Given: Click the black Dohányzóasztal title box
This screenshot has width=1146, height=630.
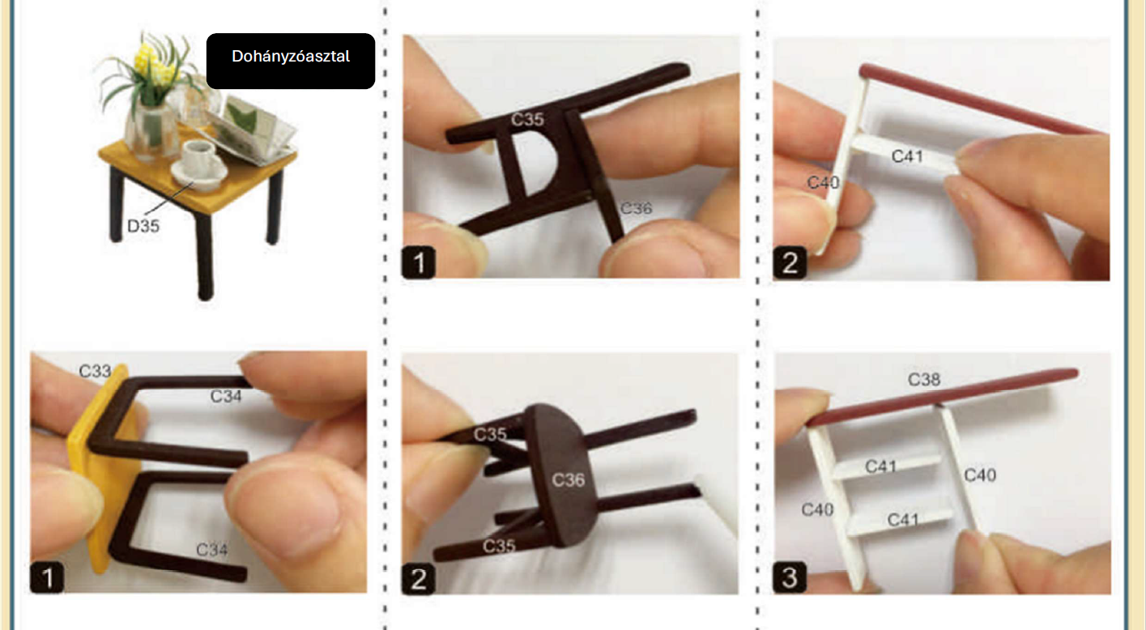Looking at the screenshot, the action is pos(291,61).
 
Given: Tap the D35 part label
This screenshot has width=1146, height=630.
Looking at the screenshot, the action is pos(143,226).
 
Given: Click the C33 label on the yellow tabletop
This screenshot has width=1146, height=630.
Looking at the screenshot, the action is pos(95,371).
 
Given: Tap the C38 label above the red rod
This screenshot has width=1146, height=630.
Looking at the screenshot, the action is pos(924,380).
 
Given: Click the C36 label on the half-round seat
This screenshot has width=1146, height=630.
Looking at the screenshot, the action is pos(568,479).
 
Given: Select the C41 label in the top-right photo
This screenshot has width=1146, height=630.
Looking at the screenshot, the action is pos(907,156).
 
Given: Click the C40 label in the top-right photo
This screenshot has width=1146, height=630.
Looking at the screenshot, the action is pos(823,182).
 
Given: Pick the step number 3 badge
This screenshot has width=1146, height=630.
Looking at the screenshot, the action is pos(790,577).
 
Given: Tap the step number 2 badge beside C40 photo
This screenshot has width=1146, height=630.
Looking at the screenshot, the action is pos(790,263).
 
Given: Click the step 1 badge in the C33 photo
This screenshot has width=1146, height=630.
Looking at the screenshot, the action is pos(47,577).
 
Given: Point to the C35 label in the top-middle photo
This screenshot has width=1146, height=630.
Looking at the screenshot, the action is pos(527,120).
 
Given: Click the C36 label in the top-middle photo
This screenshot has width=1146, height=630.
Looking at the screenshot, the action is pos(636,208).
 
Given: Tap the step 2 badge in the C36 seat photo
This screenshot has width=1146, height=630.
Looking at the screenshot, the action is pos(419,579).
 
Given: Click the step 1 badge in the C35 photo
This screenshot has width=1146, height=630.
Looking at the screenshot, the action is pos(419,262).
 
